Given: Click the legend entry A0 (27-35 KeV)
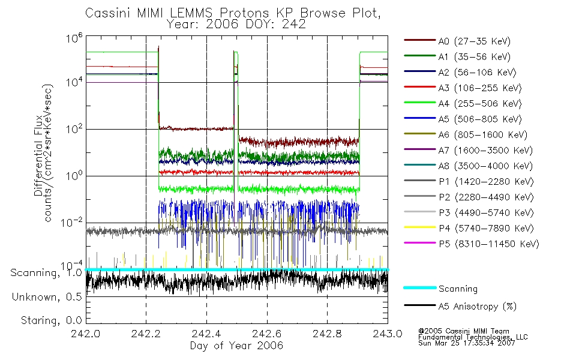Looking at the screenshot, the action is coord(474,41).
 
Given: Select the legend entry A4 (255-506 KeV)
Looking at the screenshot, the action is coord(480,104).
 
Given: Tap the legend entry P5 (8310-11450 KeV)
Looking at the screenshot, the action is coord(488,244).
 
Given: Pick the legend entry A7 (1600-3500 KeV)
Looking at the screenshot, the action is coord(485,150).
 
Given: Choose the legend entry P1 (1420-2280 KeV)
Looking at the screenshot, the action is coord(486,181).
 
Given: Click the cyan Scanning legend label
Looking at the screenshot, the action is coord(458,289).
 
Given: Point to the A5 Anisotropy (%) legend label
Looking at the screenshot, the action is coord(478,307).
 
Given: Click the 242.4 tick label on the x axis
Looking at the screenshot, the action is coord(206,334).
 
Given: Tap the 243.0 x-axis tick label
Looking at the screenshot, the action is coord(388,334).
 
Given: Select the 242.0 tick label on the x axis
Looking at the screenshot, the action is coord(85,334).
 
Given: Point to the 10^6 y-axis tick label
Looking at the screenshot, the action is coord(74,38).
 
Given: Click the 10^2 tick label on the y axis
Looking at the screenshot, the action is coord(74,129).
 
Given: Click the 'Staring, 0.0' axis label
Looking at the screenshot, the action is coord(51,320).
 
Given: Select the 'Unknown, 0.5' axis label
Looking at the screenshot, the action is coord(47,297).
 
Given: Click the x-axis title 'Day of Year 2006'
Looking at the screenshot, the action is coord(236,346).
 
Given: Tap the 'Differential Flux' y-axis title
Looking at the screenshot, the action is coord(38,155).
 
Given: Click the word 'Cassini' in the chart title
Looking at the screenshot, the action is coord(109,13).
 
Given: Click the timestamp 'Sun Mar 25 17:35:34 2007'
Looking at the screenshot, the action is coord(466,343).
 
